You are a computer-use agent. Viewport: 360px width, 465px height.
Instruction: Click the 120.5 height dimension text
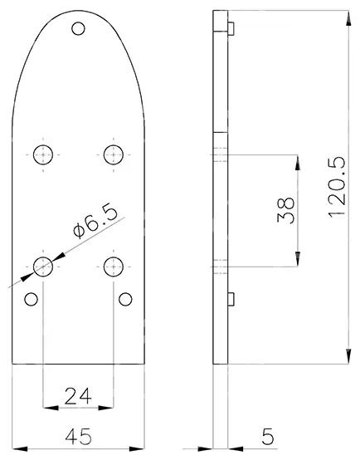[x=337, y=187]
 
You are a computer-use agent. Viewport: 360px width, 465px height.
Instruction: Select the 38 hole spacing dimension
[x=286, y=210]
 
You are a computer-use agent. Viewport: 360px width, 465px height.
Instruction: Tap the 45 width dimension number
[x=79, y=437]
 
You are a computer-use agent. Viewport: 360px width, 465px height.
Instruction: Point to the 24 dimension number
[x=78, y=396]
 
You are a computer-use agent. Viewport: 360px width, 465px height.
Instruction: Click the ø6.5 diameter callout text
[x=95, y=222]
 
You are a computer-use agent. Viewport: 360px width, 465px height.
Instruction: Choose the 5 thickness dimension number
[x=268, y=437]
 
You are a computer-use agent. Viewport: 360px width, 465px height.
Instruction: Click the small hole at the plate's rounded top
[x=78, y=29]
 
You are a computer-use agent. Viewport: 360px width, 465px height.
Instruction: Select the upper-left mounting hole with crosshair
[x=43, y=154]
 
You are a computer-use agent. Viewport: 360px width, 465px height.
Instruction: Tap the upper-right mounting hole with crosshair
[x=114, y=154]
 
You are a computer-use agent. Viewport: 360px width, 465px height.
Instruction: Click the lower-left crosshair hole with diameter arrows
[x=43, y=267]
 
